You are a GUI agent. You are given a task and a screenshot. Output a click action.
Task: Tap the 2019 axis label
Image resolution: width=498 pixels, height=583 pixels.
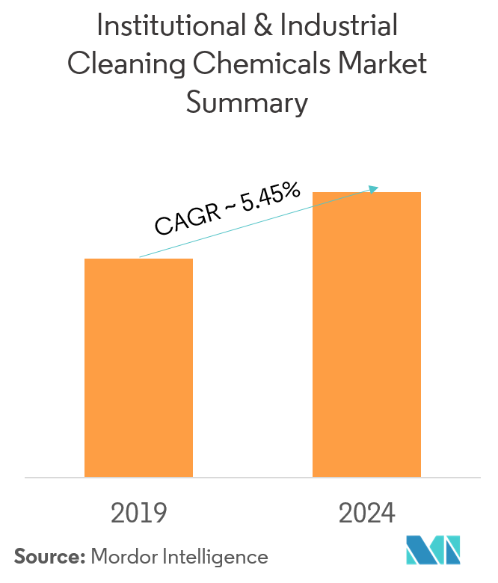click(138, 513)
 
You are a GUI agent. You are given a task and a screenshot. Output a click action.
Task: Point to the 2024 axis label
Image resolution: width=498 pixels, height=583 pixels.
click(366, 513)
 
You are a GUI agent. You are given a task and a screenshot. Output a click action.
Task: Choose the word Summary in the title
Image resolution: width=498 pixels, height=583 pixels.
click(247, 102)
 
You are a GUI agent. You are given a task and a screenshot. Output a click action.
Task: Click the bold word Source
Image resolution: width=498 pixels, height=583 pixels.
click(49, 556)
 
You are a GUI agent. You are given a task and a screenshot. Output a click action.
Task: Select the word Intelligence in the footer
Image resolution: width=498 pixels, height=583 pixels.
click(217, 556)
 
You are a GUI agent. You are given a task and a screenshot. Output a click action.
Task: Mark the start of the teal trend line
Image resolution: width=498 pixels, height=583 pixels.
click(140, 257)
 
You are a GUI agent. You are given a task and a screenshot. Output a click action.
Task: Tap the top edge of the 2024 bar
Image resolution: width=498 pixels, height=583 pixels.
click(366, 193)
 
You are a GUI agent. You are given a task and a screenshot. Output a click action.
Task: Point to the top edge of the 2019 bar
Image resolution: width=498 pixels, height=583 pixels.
click(138, 259)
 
